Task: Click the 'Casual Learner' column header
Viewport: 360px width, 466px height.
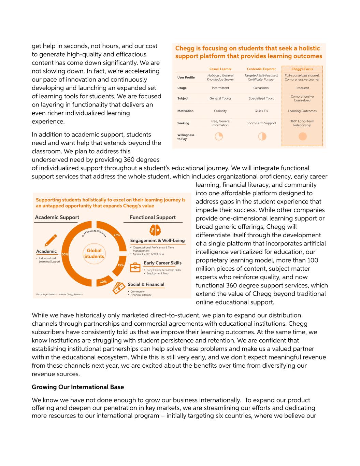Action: click(x=220, y=69)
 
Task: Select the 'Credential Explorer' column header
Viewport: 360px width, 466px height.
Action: click(x=261, y=69)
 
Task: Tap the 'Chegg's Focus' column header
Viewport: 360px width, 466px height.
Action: click(x=302, y=69)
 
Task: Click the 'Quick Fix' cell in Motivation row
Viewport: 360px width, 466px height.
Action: click(x=261, y=111)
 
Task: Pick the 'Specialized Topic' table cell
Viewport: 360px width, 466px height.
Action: click(x=261, y=98)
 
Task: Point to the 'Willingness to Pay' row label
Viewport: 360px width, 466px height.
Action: click(x=186, y=137)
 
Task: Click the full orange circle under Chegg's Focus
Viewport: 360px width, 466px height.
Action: click(x=302, y=137)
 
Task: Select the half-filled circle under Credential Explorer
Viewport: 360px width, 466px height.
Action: click(x=262, y=137)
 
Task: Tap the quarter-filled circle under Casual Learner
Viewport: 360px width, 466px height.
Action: click(x=219, y=137)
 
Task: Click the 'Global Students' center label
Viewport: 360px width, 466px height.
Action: click(x=94, y=253)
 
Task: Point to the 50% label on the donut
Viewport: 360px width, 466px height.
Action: click(x=65, y=254)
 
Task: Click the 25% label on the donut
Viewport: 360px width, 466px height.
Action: click(x=117, y=235)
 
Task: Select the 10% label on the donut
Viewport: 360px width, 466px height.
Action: click(x=103, y=282)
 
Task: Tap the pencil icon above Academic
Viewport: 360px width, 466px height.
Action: click(x=51, y=240)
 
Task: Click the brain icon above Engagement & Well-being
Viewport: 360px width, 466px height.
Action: click(x=155, y=230)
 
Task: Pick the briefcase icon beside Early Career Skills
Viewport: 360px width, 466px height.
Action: click(x=135, y=267)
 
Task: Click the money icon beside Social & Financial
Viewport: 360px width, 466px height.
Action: click(x=119, y=288)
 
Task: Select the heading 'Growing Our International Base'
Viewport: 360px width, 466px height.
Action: click(x=78, y=387)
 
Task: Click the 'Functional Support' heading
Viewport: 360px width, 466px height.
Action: click(x=153, y=217)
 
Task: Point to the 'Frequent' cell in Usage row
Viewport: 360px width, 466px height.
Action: click(x=302, y=88)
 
